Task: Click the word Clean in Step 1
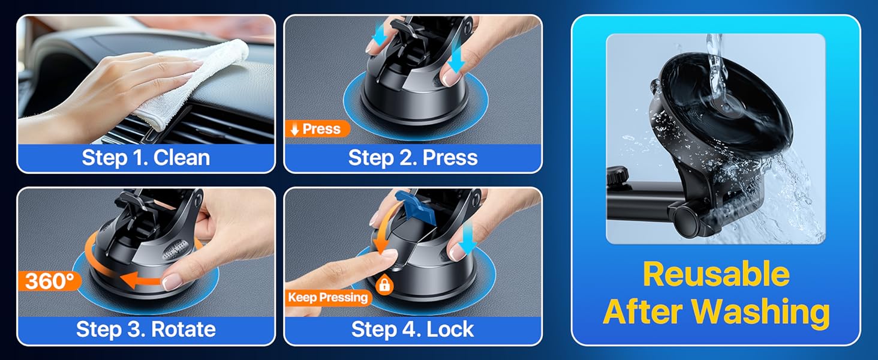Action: pyautogui.click(x=182, y=158)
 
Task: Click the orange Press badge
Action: pyautogui.click(x=317, y=128)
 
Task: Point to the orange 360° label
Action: pyautogui.click(x=49, y=281)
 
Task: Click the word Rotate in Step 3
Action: pyautogui.click(x=183, y=329)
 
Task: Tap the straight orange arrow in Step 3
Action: pyautogui.click(x=141, y=280)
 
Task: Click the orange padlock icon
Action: pyautogui.click(x=384, y=284)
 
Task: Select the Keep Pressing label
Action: pyautogui.click(x=328, y=297)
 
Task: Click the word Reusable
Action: pyautogui.click(x=716, y=275)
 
